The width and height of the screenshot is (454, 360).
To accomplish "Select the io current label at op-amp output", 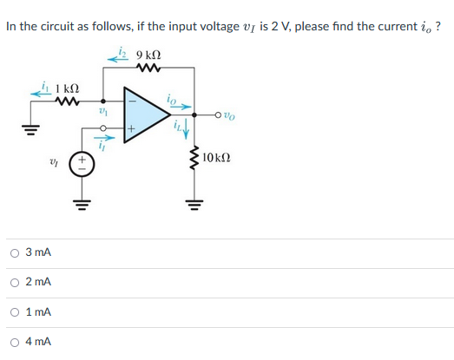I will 174,99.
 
